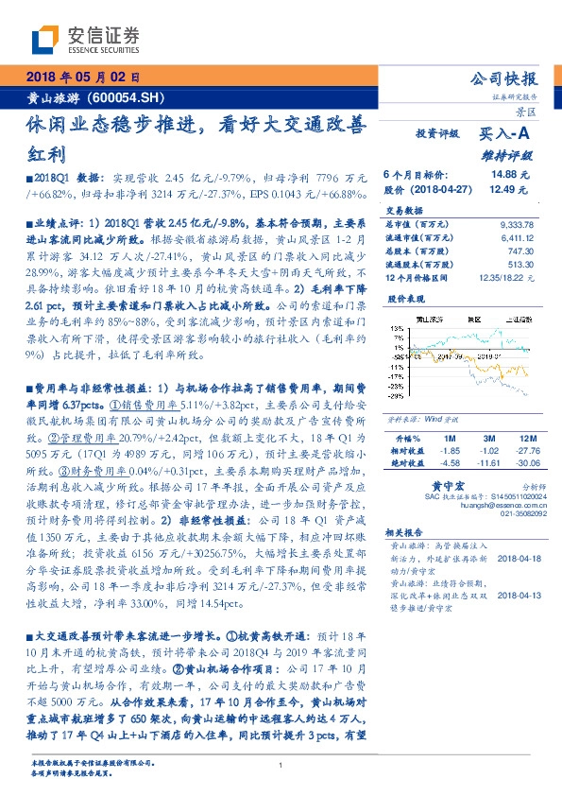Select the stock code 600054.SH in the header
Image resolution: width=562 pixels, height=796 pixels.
[x=130, y=97]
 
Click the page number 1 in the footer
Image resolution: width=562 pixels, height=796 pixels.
[x=281, y=766]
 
